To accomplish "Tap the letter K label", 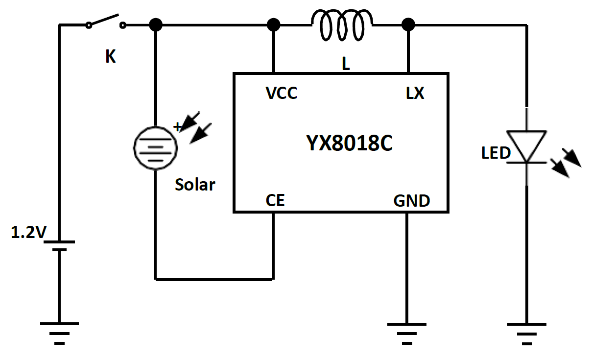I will (111, 57).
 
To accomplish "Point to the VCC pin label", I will (281, 93).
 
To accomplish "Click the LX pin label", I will (415, 93).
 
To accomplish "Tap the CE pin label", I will (275, 200).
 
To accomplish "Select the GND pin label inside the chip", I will (412, 201).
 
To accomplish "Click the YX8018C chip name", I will (350, 144).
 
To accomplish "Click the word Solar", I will (195, 185).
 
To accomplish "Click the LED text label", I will (496, 153).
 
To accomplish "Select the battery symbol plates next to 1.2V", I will (59, 245).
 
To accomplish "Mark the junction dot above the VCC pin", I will (274, 24).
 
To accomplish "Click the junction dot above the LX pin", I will (407, 24).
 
